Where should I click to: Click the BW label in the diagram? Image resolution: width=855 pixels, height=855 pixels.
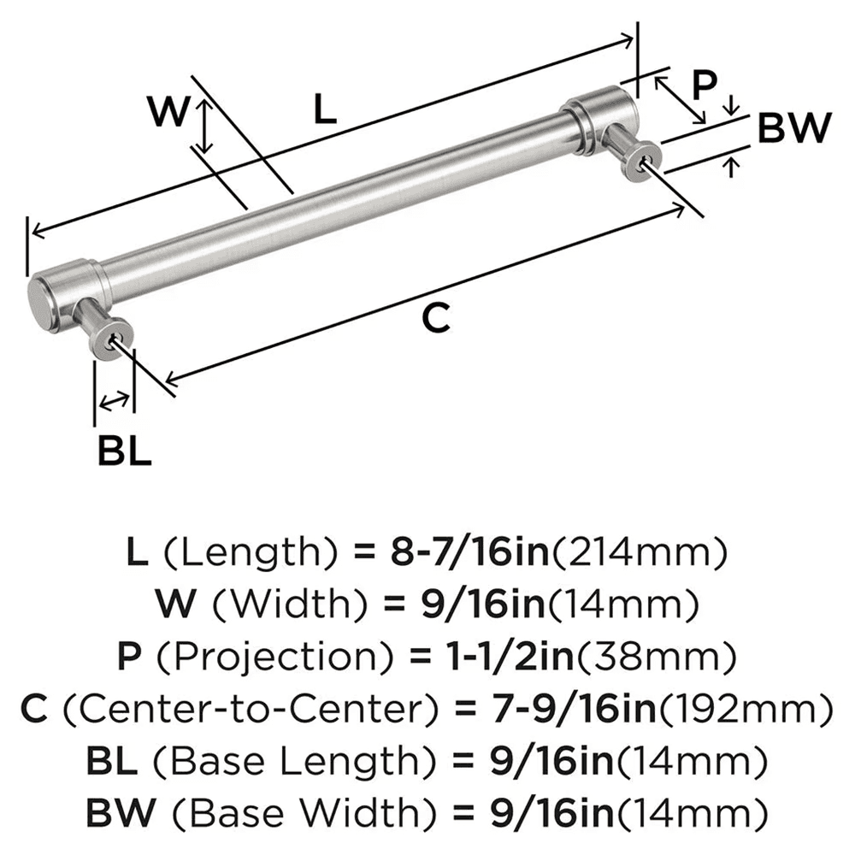tap(794, 128)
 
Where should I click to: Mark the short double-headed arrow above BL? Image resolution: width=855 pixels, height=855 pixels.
tap(115, 399)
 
